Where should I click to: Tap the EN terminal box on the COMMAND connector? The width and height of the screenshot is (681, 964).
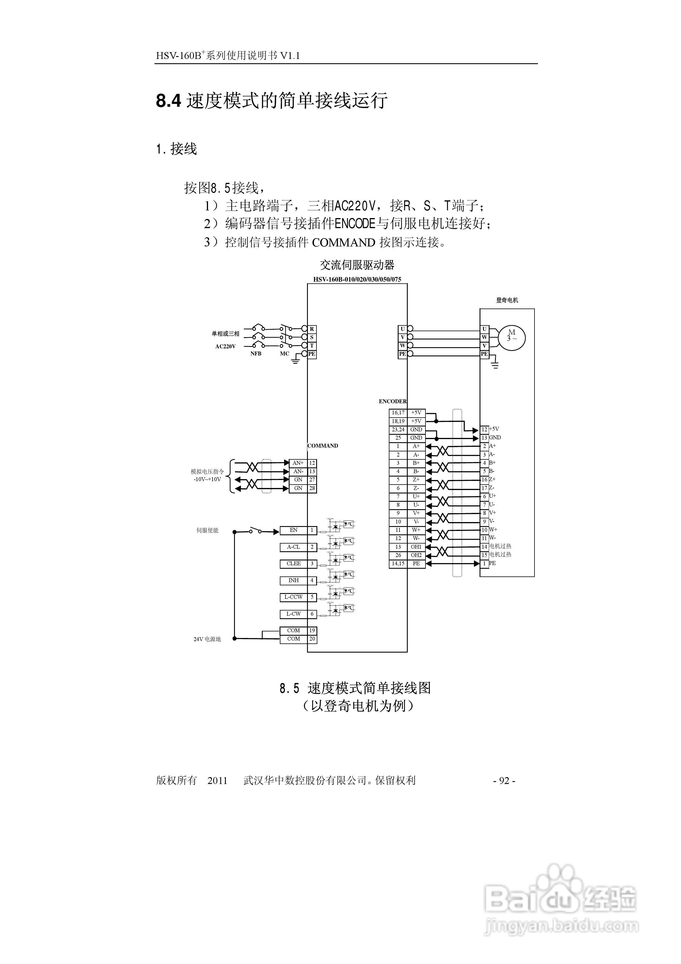(294, 530)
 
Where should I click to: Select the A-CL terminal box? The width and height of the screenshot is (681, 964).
(294, 547)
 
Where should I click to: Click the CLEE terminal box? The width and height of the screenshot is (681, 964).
(294, 564)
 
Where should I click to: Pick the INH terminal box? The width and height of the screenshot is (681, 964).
(294, 580)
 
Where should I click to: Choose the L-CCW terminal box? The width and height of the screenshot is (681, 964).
(294, 597)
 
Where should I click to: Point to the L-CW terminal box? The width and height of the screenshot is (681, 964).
(294, 614)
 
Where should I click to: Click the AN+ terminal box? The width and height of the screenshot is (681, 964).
(298, 463)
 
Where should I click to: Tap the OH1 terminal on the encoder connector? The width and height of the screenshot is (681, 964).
(416, 547)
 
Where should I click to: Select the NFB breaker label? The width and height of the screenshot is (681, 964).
(256, 353)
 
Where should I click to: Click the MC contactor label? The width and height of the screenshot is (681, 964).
(285, 353)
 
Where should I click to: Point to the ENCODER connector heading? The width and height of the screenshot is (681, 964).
(393, 401)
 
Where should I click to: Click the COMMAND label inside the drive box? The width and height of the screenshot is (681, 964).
(323, 446)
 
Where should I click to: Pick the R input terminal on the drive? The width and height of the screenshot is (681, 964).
(312, 329)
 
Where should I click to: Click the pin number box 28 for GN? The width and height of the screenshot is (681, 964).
(312, 488)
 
